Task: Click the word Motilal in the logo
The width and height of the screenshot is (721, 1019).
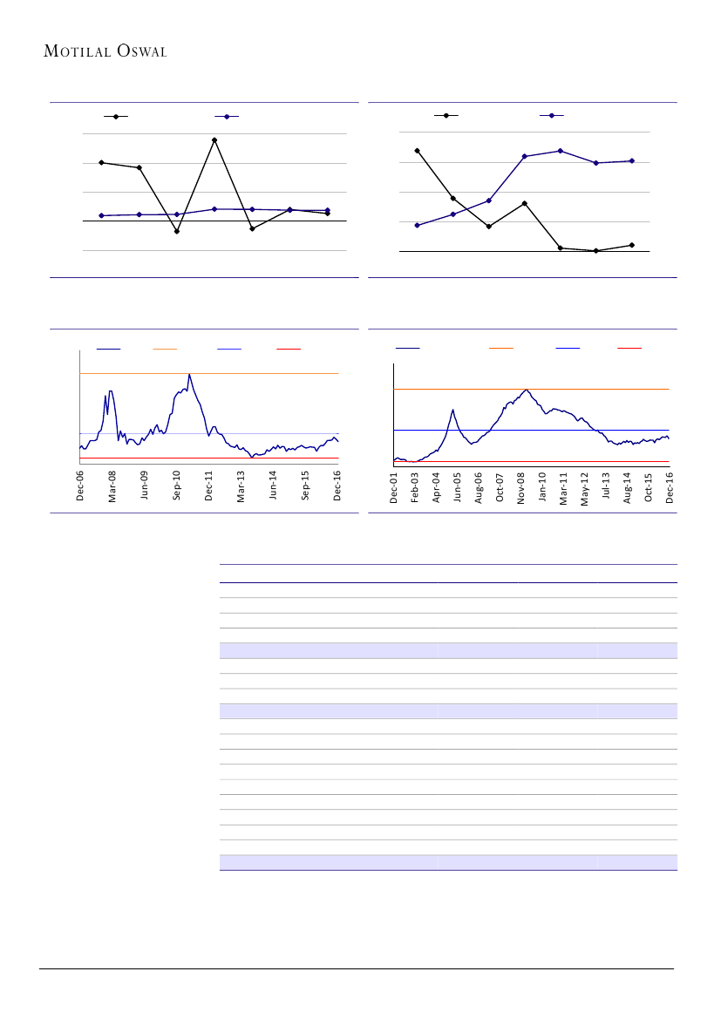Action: coord(77,51)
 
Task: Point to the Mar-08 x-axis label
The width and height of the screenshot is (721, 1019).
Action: coord(112,486)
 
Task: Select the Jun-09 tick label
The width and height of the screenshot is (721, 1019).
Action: coord(145,486)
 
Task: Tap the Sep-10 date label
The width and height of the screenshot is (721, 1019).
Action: coord(177,486)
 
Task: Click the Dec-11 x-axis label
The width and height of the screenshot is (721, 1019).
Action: coord(209,486)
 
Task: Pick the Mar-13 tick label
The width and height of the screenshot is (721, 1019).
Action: coord(241,486)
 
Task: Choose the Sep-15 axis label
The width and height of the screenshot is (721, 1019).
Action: coord(306,486)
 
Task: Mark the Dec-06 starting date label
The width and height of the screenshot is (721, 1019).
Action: coord(80,486)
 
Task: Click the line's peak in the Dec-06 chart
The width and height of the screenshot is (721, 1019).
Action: coord(189,375)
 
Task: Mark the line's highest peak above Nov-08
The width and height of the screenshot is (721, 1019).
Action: coord(527,390)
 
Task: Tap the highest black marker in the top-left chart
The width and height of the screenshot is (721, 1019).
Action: coord(214,139)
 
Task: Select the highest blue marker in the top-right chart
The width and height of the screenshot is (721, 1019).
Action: coord(561,151)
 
